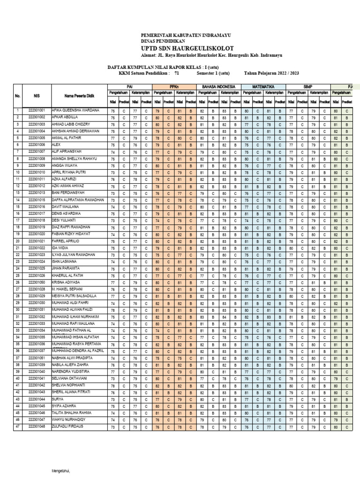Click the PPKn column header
tap(173, 87)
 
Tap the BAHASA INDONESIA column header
tap(218, 87)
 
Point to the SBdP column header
tap(308, 87)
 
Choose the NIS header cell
tap(37, 96)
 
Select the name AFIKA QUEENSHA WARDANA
tap(75, 110)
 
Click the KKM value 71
tap(176, 74)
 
